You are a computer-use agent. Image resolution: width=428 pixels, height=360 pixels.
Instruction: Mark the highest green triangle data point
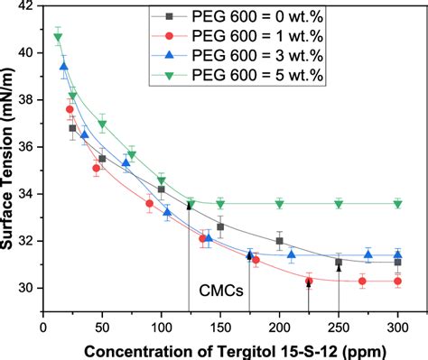[58, 37]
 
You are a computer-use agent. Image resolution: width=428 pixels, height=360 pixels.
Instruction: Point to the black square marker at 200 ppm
[280, 241]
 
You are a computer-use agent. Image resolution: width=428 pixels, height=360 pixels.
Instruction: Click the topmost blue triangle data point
[64, 66]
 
